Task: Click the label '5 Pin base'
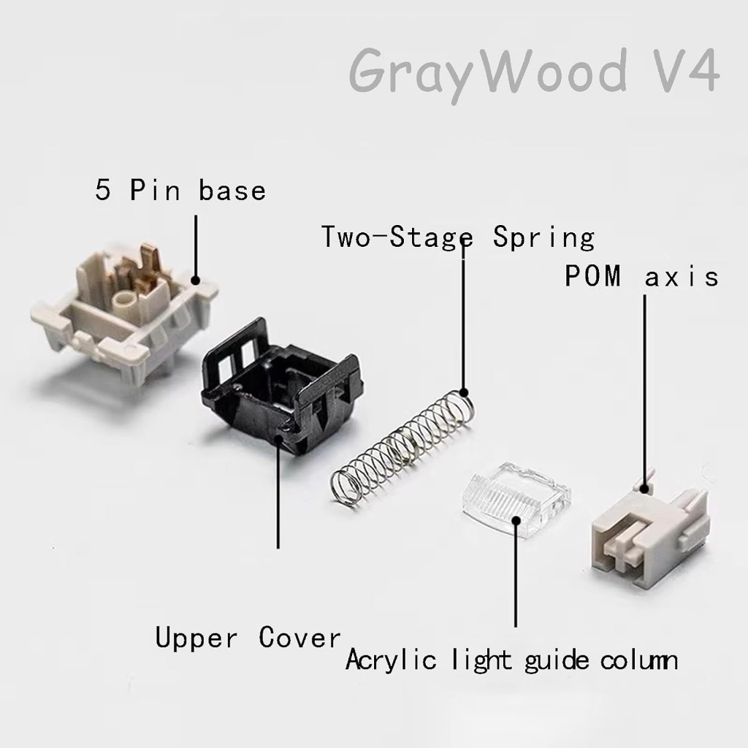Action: click(180, 191)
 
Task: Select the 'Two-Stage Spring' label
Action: click(458, 237)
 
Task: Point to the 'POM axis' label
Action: click(641, 277)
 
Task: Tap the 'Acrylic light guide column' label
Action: click(511, 660)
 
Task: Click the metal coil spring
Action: click(402, 446)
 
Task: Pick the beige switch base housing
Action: click(124, 307)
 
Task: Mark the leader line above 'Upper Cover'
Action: click(278, 497)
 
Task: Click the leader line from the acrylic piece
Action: click(516, 577)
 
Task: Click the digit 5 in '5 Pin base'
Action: click(104, 191)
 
